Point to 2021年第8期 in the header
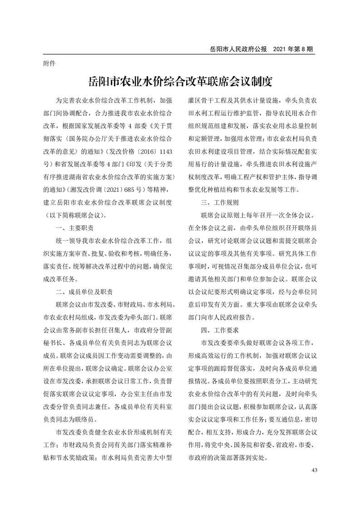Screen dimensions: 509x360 point(294,48)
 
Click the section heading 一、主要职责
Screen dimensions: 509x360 point(74,227)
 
